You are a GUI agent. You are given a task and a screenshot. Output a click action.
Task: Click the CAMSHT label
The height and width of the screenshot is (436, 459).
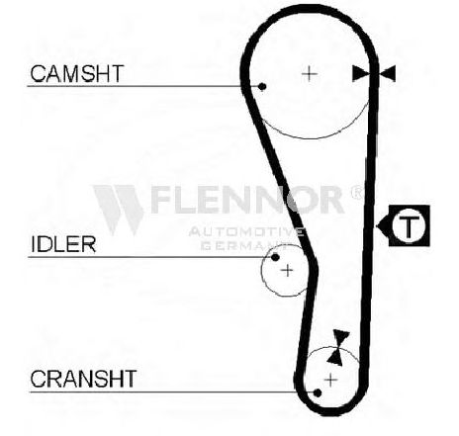click(77, 73)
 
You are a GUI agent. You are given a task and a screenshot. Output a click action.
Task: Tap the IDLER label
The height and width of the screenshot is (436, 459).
click(63, 244)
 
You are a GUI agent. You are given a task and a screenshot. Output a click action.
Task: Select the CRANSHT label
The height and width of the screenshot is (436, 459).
click(83, 379)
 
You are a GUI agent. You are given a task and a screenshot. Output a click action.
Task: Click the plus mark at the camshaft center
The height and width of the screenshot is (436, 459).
click(310, 73)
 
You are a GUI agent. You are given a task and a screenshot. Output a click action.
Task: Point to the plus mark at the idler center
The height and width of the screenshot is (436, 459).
click(287, 271)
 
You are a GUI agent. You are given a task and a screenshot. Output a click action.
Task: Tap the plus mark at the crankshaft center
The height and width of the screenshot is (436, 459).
click(330, 380)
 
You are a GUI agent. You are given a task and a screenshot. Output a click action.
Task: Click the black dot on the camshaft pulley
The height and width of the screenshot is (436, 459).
click(262, 87)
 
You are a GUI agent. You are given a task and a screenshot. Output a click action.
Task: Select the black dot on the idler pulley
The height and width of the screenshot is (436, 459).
click(275, 257)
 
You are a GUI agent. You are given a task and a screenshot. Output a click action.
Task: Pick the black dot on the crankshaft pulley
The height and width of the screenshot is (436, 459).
click(318, 392)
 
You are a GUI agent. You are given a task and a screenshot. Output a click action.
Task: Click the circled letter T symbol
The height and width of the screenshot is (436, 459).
click(409, 225)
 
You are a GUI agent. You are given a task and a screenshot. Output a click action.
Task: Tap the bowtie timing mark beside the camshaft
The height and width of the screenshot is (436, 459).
click(374, 73)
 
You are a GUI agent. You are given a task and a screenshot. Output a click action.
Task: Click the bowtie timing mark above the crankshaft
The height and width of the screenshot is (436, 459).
click(339, 347)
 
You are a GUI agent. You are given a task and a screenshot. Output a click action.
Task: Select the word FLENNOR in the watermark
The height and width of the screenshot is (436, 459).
click(247, 200)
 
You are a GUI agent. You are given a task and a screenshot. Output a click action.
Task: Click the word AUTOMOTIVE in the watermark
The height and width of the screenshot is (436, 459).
click(246, 232)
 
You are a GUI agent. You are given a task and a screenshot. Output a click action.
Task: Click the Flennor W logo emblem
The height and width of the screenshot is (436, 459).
click(119, 210)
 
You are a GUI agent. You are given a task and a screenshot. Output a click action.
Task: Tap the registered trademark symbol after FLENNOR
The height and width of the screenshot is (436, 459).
click(356, 193)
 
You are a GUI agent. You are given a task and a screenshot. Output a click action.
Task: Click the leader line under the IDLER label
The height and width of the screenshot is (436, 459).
click(150, 257)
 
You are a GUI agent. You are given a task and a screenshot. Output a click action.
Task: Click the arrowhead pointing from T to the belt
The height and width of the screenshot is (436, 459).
click(383, 226)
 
